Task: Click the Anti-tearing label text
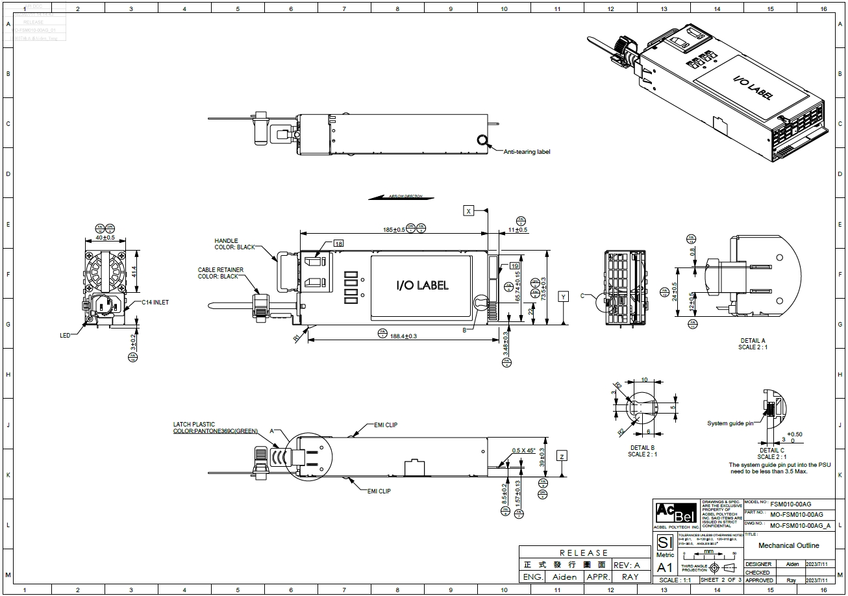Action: click(527, 152)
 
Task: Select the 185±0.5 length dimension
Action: click(393, 229)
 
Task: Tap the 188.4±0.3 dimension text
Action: click(403, 336)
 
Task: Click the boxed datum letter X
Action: click(469, 210)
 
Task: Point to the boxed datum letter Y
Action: click(564, 296)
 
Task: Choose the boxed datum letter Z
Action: click(562, 456)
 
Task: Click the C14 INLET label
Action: click(155, 303)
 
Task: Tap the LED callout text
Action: click(65, 336)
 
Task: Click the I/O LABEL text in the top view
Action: click(422, 285)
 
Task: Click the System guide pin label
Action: click(730, 423)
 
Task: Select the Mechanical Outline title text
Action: click(788, 546)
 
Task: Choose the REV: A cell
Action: click(627, 565)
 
